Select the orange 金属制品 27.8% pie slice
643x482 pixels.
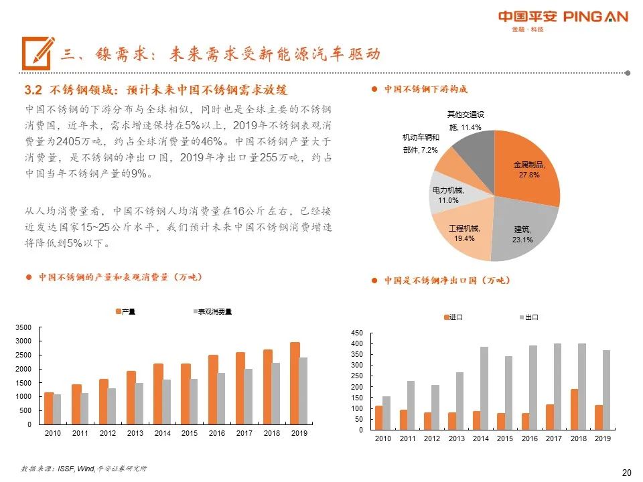[x=530, y=171]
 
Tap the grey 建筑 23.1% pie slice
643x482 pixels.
[x=526, y=231]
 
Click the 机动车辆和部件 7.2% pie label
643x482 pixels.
[x=420, y=143]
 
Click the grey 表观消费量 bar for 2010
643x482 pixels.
[x=58, y=409]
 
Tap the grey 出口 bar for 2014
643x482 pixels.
[x=484, y=388]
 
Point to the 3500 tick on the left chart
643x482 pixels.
[x=23, y=327]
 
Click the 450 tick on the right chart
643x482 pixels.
[x=357, y=333]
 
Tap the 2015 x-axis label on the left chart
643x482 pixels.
[x=190, y=434]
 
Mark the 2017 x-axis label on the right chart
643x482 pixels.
[x=553, y=438]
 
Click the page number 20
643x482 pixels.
[x=626, y=473]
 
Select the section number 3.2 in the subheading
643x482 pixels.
[x=33, y=90]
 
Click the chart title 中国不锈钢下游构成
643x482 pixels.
[x=425, y=89]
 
